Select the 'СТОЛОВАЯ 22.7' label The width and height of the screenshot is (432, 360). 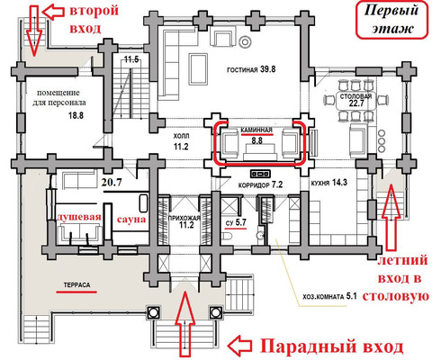coord(355,100)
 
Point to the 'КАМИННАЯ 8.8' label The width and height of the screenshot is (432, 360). coord(260,135)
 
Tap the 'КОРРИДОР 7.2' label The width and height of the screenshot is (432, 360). coord(264,184)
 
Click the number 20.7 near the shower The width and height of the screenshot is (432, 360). coord(112,183)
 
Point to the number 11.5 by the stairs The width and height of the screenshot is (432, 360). coord(132,59)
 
